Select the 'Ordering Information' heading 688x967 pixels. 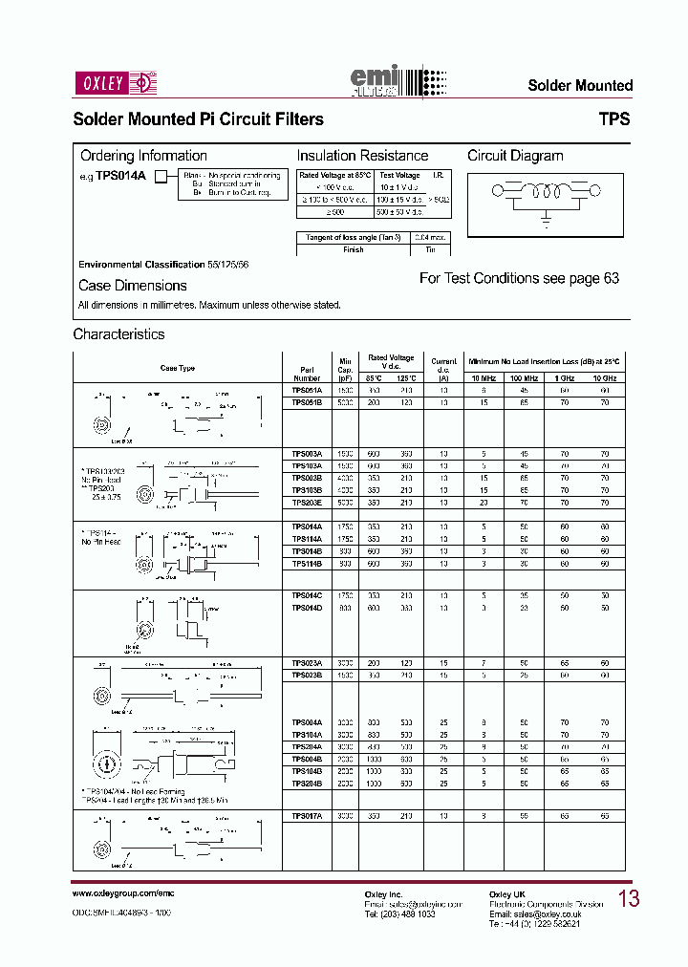click(143, 156)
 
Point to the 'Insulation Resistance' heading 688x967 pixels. click(362, 156)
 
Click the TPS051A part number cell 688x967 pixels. click(307, 390)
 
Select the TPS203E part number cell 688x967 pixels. click(307, 502)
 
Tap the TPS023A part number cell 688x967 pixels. click(307, 662)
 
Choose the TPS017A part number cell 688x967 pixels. click(307, 816)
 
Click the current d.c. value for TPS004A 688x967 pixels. click(443, 723)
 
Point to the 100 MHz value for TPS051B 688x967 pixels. click(524, 402)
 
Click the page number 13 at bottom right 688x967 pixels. click(629, 898)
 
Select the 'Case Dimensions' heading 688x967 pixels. click(133, 286)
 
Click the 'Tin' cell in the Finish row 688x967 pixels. click(430, 249)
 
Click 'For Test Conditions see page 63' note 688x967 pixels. click(519, 278)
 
